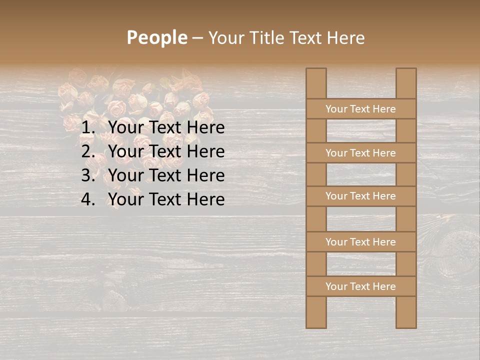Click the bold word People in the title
[x=157, y=37]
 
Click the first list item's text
[x=166, y=127]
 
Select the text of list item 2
[x=166, y=151]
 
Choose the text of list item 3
[x=166, y=175]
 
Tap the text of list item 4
[x=166, y=199]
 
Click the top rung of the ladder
[x=360, y=109]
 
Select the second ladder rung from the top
[x=360, y=153]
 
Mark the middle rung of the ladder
[x=360, y=196]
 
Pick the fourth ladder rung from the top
[x=360, y=242]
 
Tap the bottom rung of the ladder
[x=360, y=286]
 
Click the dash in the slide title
[x=197, y=38]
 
